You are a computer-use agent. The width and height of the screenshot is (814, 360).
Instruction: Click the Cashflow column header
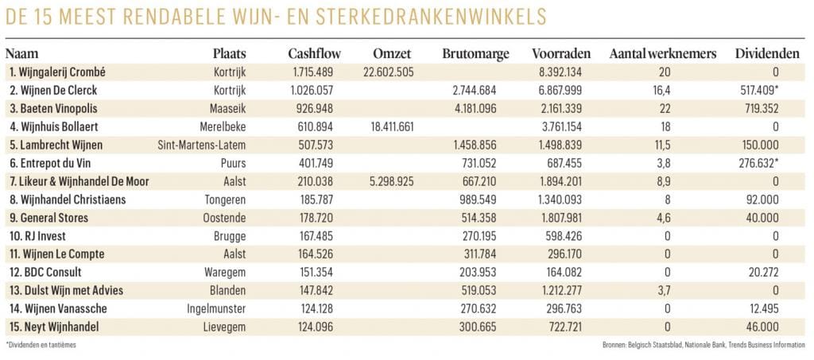point(314,53)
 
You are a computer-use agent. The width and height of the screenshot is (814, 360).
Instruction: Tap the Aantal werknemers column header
point(663,53)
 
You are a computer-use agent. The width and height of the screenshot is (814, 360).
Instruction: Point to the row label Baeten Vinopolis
point(53,108)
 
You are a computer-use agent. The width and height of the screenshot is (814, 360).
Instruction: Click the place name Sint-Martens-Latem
point(202,145)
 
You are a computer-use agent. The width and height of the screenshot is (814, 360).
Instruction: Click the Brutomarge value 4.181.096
point(473,108)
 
